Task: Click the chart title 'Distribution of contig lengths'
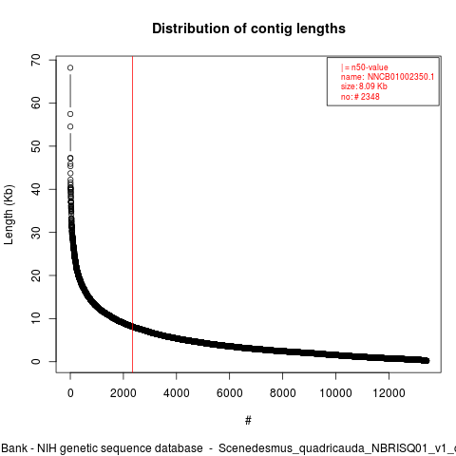pyautogui.click(x=249, y=28)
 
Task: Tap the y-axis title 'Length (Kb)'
pyautogui.click(x=9, y=215)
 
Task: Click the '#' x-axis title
pyautogui.click(x=248, y=420)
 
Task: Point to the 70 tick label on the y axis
pyautogui.click(x=36, y=60)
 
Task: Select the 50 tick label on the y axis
pyautogui.click(x=36, y=146)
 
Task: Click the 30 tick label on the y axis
pyautogui.click(x=36, y=232)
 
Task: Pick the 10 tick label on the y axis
pyautogui.click(x=36, y=318)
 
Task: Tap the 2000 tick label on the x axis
pyautogui.click(x=123, y=393)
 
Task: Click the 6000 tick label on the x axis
pyautogui.click(x=229, y=393)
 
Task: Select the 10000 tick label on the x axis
pyautogui.click(x=335, y=393)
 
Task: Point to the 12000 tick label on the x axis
pyautogui.click(x=389, y=393)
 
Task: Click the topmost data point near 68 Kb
pyautogui.click(x=70, y=67)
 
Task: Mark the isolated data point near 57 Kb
pyautogui.click(x=70, y=114)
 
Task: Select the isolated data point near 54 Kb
pyautogui.click(x=70, y=126)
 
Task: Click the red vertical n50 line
pyautogui.click(x=132, y=214)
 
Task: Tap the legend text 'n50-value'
pyautogui.click(x=370, y=67)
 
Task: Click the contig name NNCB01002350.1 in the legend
pyautogui.click(x=401, y=77)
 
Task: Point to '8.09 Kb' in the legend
pyautogui.click(x=373, y=86)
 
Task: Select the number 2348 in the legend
pyautogui.click(x=370, y=97)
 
